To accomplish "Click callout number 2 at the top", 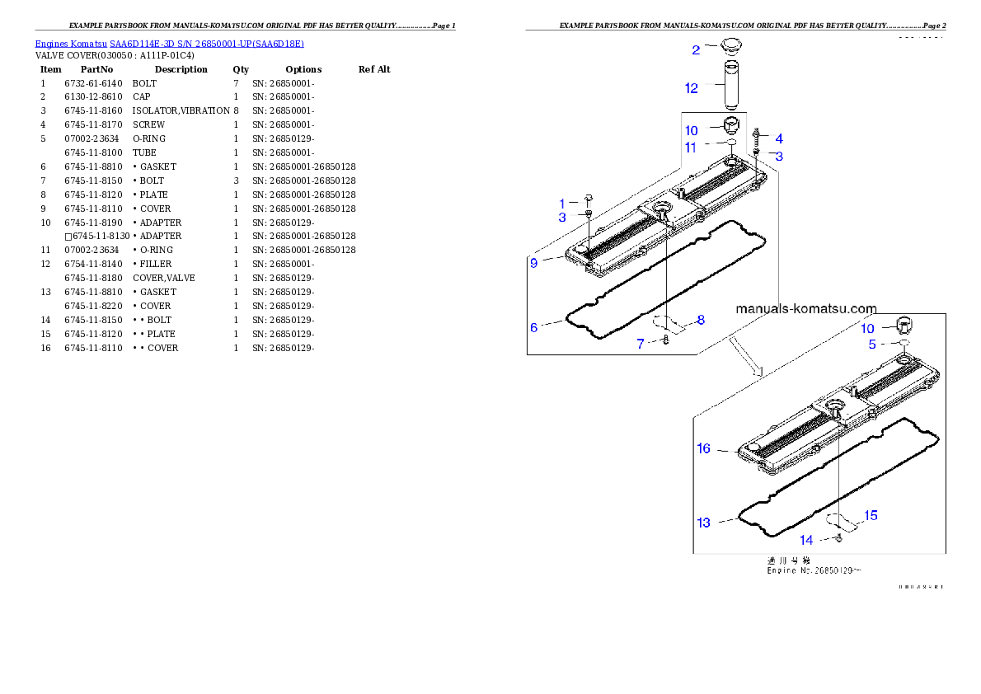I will pos(696,50).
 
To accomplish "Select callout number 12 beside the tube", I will pos(692,87).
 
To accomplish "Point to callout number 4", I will pos(779,139).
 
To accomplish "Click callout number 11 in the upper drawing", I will pos(691,148).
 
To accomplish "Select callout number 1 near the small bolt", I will pos(562,204).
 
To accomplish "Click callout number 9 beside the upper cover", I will pos(534,263).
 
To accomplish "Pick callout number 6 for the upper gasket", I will pos(534,327).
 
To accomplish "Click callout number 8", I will pos(701,320).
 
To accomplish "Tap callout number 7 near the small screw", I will pos(641,344).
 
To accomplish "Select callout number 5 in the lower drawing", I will pos(872,345).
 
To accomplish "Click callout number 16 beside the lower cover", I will pos(703,448).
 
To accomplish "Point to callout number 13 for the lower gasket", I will pos(703,523).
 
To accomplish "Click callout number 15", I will pos(871,516).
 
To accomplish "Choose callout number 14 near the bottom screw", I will pos(806,540).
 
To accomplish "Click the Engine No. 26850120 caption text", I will pos(812,570).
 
